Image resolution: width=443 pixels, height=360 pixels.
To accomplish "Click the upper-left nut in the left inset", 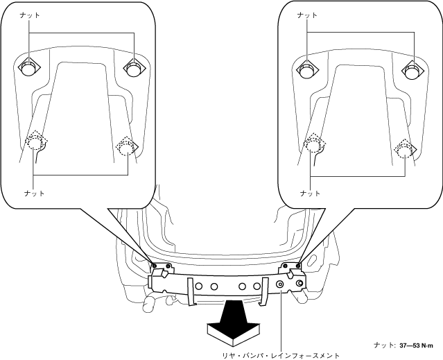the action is (x=27, y=68).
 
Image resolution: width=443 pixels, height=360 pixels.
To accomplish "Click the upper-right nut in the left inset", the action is (x=132, y=67).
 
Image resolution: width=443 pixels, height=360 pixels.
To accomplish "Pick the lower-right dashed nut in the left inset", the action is (x=126, y=147).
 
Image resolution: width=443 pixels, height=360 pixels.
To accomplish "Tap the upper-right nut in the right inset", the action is (x=412, y=68).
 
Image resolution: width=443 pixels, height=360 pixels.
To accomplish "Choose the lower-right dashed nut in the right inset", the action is (x=403, y=147).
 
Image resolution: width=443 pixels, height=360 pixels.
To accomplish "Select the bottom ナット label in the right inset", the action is (x=310, y=193).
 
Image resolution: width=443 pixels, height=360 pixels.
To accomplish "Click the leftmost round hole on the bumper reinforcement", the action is (x=199, y=286).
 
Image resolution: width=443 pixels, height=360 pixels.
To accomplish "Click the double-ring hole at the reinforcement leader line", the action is (x=281, y=284).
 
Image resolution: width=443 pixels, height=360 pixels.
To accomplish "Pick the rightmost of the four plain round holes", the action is (x=257, y=286).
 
